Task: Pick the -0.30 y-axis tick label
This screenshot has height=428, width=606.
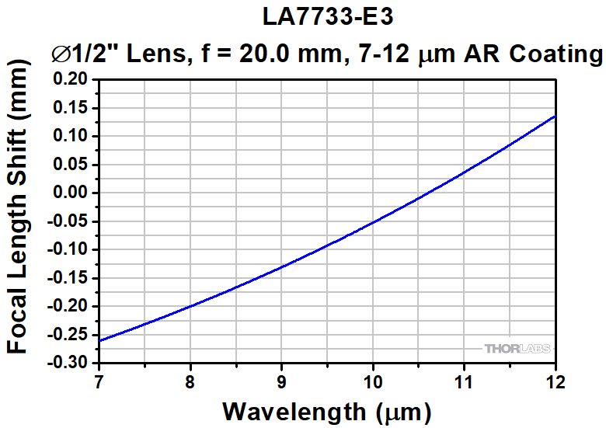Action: tap(70, 363)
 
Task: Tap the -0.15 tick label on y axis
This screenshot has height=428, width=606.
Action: tap(70, 278)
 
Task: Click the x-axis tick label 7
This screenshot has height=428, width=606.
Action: tap(99, 381)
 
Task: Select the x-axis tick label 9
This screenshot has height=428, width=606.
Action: tap(282, 381)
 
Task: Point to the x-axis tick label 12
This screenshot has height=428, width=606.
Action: tap(555, 381)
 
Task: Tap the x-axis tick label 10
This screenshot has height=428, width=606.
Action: tap(373, 381)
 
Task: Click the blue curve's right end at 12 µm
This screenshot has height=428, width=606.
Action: tap(555, 117)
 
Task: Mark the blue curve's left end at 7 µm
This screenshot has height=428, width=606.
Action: tap(100, 340)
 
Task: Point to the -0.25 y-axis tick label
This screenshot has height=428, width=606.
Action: tap(70, 335)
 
